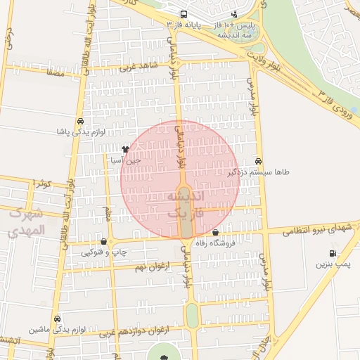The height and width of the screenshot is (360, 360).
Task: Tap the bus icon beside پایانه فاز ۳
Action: tap(184, 14)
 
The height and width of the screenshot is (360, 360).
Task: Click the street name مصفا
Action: tap(55, 72)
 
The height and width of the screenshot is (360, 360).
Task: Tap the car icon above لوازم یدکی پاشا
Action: tap(82, 121)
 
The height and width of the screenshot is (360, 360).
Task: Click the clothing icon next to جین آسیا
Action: tap(125, 149)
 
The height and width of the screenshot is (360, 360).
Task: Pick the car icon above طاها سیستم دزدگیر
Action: tap(259, 161)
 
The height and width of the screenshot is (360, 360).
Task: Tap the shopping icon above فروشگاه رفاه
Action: tap(214, 233)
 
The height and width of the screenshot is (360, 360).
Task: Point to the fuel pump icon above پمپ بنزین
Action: tap(332, 254)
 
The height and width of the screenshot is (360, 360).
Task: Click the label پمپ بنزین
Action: tap(332, 264)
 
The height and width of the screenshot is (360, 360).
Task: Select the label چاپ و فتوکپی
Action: tap(104, 252)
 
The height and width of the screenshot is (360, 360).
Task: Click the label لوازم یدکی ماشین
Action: tap(56, 329)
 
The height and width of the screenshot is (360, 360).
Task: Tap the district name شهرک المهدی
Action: tap(27, 222)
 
